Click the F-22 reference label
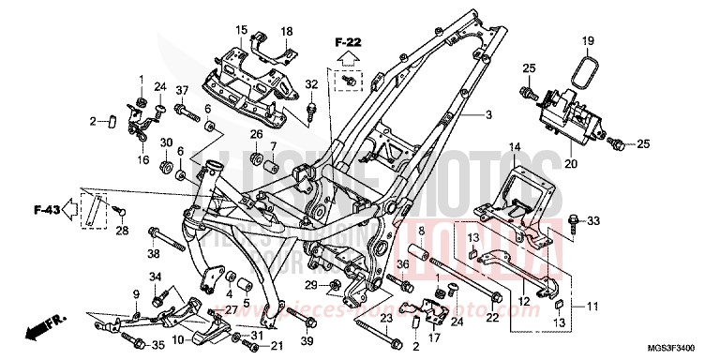[348, 42]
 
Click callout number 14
[514, 147]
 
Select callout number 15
[240, 31]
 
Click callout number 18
[287, 31]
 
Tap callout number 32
[312, 85]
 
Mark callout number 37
[182, 90]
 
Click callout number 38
[151, 253]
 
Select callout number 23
[383, 319]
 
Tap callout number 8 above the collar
[421, 231]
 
